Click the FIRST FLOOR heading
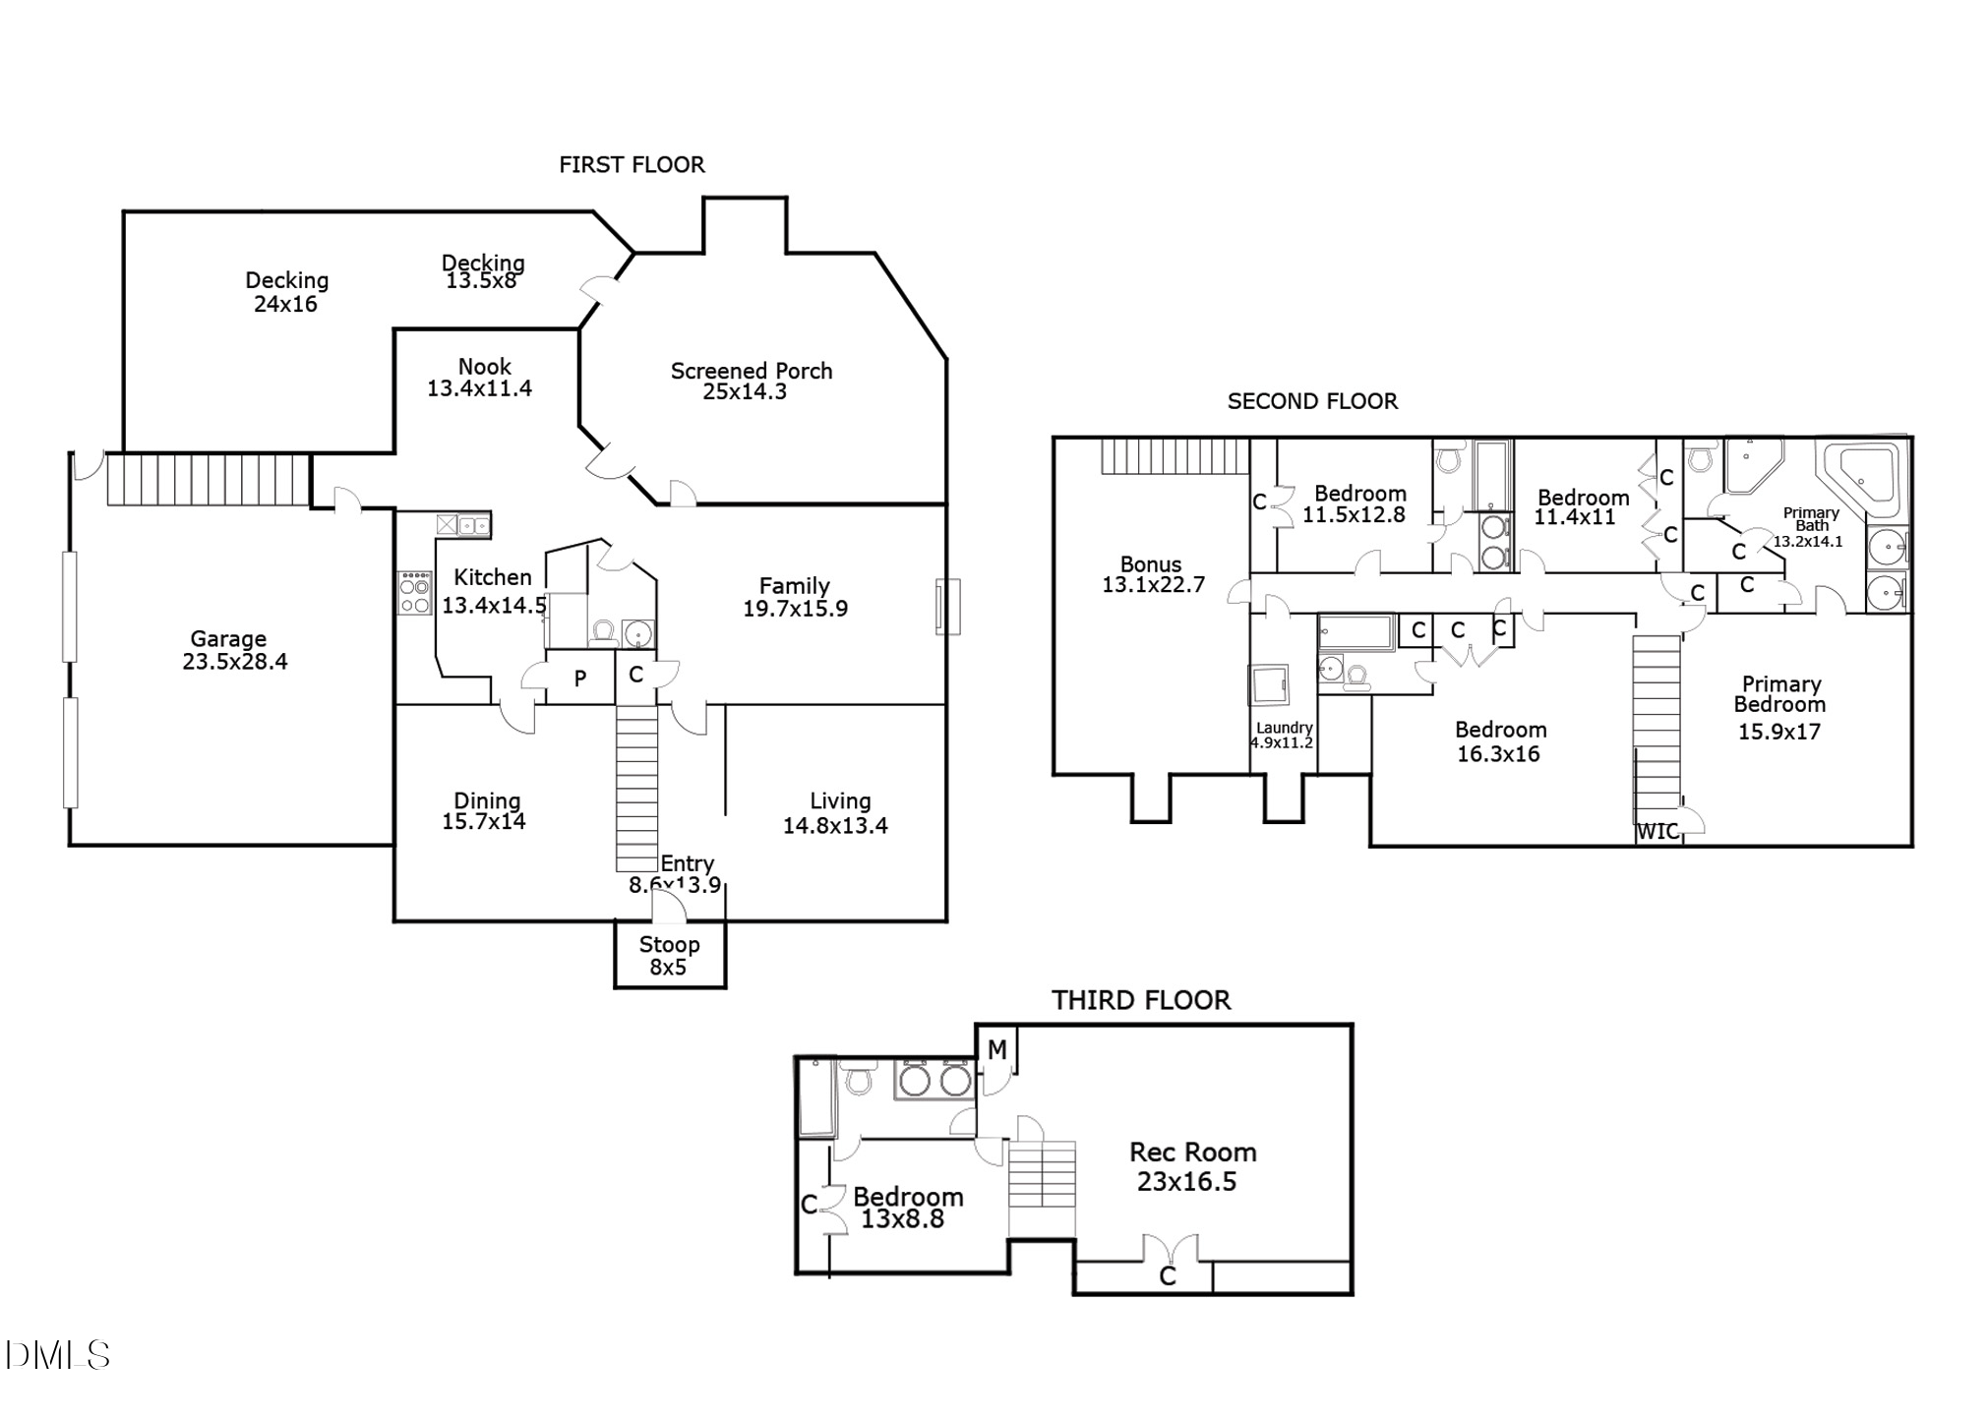click(x=632, y=165)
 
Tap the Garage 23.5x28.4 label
click(x=233, y=650)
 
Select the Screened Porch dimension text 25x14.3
click(x=745, y=392)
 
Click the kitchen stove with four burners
click(x=414, y=594)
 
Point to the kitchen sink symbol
click(x=463, y=525)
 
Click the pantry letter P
click(x=580, y=678)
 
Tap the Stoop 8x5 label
click(x=669, y=956)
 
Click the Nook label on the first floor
click(x=485, y=367)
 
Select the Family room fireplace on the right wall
click(x=946, y=607)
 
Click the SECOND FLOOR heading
click(x=1311, y=401)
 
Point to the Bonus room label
click(x=1151, y=564)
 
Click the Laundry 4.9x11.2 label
click(x=1283, y=736)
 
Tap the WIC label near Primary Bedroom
click(x=1657, y=832)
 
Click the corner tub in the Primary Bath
click(x=1860, y=479)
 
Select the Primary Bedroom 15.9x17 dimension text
click(x=1778, y=732)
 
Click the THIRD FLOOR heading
click(x=1141, y=1000)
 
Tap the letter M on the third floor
click(x=996, y=1050)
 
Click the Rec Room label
click(x=1192, y=1153)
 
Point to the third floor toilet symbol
click(x=860, y=1079)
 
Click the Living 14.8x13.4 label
click(x=836, y=813)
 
